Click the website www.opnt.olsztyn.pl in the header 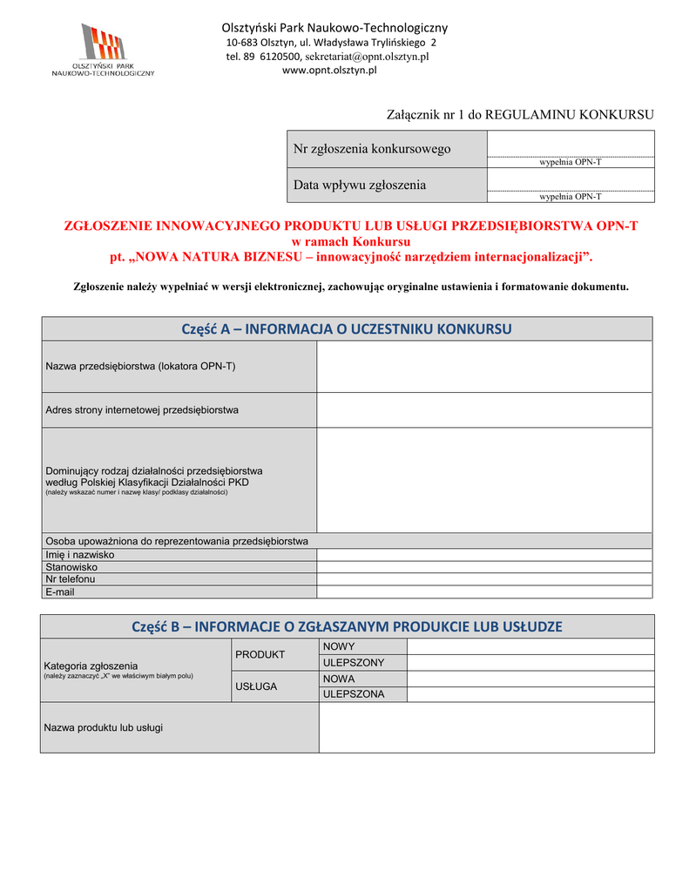tap(329, 71)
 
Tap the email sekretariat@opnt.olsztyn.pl tap(367, 57)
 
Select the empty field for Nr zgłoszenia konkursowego tap(570, 144)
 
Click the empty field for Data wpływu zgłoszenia tap(570, 179)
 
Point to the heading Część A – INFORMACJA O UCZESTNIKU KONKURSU tap(347, 328)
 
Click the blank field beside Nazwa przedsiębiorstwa tap(483, 366)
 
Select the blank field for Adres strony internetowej tap(483, 409)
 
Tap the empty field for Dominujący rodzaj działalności tap(483, 479)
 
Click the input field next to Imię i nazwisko tap(483, 555)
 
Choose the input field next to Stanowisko tap(483, 567)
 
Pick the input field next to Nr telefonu tap(483, 579)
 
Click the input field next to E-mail tap(483, 591)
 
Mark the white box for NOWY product tap(530, 646)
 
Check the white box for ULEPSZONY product tap(530, 663)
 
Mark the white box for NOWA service tap(530, 679)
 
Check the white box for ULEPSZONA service tap(530, 694)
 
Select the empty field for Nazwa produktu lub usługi tap(486, 727)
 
